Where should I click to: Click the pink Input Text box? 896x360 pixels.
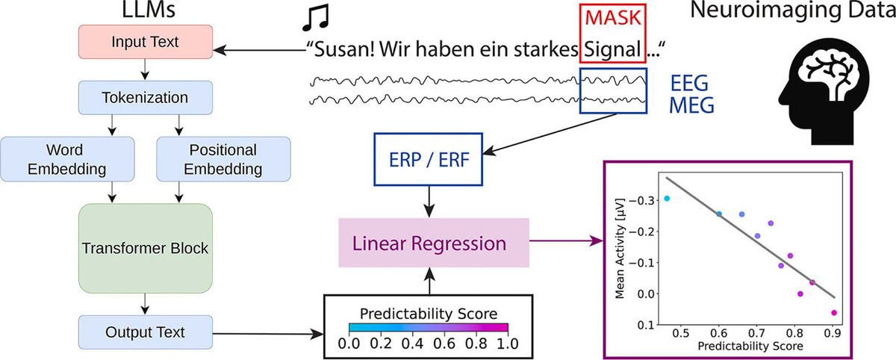pos(145,42)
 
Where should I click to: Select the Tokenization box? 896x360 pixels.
pos(145,98)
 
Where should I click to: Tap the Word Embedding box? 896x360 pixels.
pos(67,159)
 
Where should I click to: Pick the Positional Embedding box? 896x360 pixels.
pos(223,159)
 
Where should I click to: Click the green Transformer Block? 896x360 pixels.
pos(145,249)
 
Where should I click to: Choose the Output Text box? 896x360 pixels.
pos(145,332)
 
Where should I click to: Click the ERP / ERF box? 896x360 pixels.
pos(429,159)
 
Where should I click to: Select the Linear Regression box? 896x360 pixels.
pos(434,243)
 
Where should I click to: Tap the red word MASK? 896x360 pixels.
pos(613,18)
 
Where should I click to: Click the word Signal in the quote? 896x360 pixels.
pos(613,49)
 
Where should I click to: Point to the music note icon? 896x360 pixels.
pos(316,18)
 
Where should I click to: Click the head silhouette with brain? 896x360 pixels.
pos(824,92)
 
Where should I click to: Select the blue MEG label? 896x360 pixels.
pos(691,105)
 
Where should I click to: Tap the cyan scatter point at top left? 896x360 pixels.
pos(667,199)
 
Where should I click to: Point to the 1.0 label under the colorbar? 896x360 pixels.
pos(508,344)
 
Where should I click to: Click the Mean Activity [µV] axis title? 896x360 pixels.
pos(620,248)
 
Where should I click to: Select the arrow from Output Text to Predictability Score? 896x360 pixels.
pos(268,334)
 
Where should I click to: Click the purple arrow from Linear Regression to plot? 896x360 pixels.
pos(567,240)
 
